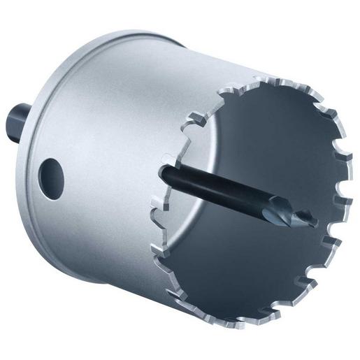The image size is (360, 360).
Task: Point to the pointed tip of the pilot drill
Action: (317, 224)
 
